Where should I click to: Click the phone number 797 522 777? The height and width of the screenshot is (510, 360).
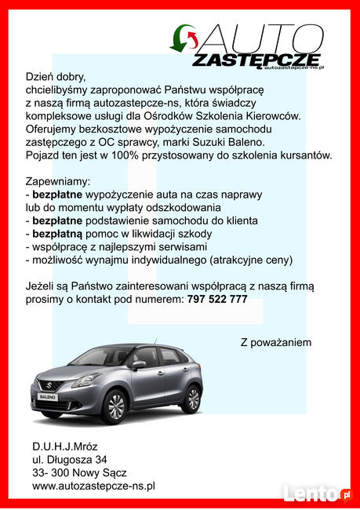(218, 300)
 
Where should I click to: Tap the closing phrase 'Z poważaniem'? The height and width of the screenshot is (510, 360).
(276, 342)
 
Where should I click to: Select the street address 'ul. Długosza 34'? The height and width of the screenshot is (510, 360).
(70, 459)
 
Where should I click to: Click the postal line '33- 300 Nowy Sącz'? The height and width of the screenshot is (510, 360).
(79, 472)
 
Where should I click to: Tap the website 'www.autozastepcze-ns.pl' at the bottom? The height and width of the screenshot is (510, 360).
(93, 486)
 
